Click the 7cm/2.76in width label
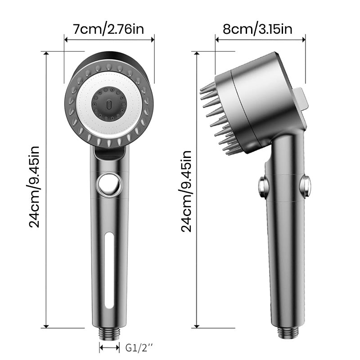point(109,30)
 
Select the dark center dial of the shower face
point(108,103)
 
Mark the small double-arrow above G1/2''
point(110,347)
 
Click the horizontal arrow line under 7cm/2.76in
point(109,39)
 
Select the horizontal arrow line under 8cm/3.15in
point(261,39)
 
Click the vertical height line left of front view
point(47,189)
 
